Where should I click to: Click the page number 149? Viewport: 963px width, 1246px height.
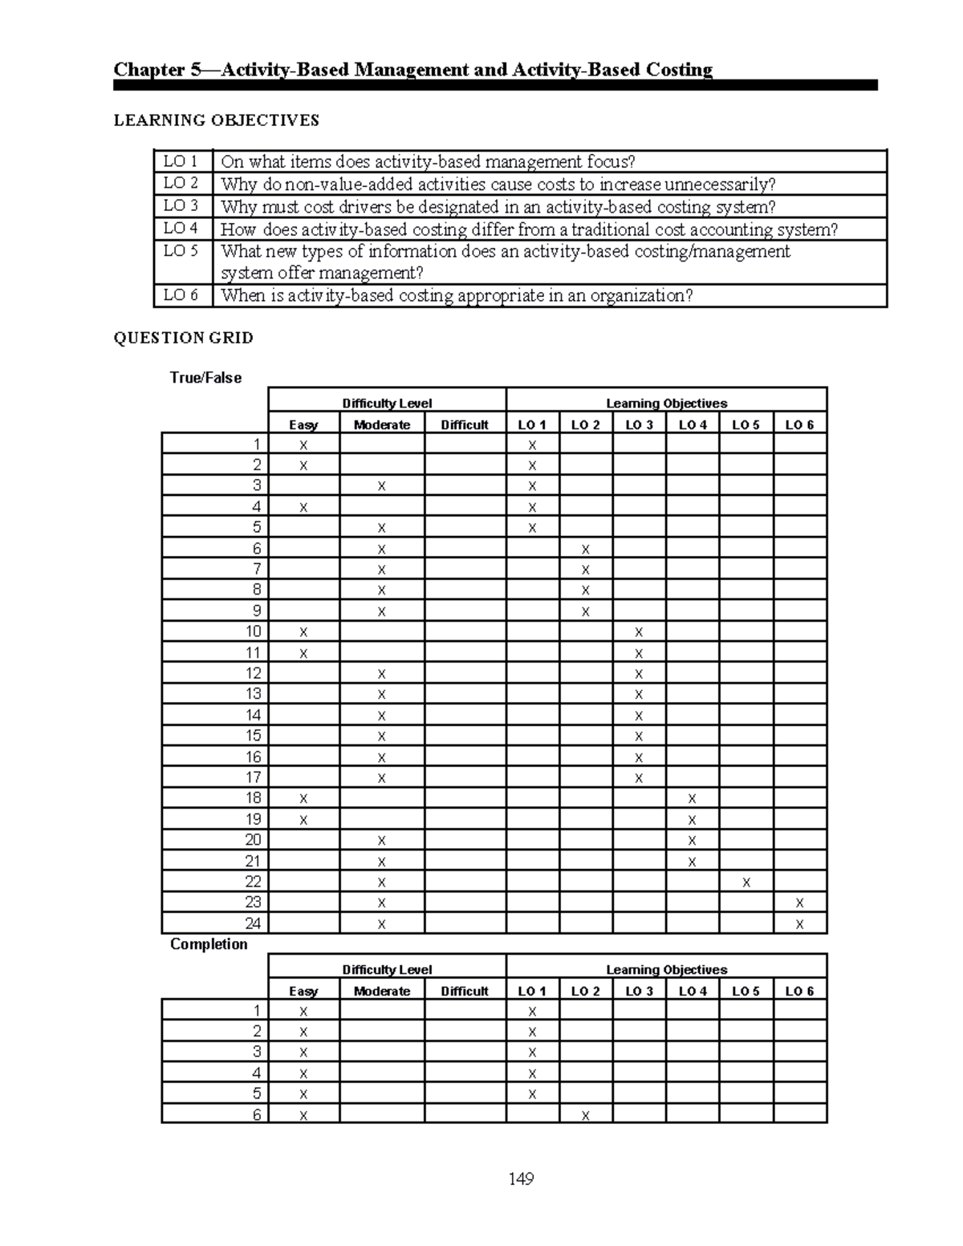click(521, 1179)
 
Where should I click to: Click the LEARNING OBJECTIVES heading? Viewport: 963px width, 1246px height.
click(216, 120)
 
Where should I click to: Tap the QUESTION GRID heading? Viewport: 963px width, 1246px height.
click(183, 338)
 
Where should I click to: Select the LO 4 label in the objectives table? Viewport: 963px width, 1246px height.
click(181, 229)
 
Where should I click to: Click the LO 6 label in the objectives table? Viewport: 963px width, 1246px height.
click(181, 295)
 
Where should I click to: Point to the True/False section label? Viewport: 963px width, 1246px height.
click(205, 378)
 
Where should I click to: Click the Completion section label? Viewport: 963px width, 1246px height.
click(209, 944)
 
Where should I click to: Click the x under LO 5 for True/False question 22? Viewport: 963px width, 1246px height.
click(746, 883)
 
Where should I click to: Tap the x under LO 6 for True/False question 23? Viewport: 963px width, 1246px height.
click(799, 903)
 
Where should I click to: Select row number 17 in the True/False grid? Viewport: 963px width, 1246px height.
click(254, 777)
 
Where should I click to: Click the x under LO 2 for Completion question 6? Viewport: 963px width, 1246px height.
click(586, 1115)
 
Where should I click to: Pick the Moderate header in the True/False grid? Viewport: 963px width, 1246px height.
click(382, 425)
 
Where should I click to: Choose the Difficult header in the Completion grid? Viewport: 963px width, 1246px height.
click(465, 992)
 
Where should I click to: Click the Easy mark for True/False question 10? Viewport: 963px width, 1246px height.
click(303, 632)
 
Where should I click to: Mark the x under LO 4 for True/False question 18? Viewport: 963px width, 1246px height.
click(692, 799)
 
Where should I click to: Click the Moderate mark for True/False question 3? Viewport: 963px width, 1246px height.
click(382, 486)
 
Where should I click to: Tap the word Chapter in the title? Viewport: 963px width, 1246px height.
click(149, 70)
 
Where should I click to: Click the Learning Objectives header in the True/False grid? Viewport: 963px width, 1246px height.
click(666, 404)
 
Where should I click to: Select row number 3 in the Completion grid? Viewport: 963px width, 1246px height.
click(257, 1052)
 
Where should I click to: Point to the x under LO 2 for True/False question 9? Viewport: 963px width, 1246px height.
click(586, 611)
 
